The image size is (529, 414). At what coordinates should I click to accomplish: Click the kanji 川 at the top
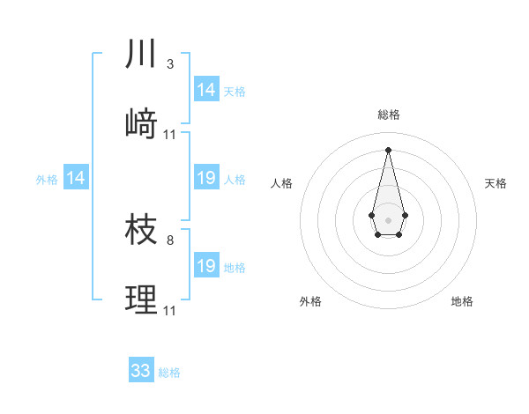pos(141,55)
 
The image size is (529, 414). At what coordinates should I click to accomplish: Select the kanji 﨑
pos(141,123)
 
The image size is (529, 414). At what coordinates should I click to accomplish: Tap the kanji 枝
pos(141,230)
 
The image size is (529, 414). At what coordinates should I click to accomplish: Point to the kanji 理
pos(141,299)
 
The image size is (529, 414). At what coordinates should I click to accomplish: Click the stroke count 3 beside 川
pos(170,64)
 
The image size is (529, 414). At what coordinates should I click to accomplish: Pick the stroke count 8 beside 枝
pos(170,240)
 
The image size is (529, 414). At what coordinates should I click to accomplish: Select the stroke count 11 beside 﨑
pos(171,135)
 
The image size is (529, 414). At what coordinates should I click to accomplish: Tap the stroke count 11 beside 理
pos(171,310)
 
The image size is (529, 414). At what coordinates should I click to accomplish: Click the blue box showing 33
pos(141,371)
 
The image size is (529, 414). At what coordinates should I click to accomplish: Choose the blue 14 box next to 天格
pos(206,90)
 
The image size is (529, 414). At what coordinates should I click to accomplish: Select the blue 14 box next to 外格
pos(76,179)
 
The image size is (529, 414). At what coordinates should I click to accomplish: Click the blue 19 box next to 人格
pos(206,179)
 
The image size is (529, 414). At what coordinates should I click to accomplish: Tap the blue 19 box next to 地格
pos(206,266)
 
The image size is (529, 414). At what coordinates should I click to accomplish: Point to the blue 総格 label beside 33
pos(169,373)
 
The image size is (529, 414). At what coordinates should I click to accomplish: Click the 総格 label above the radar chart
pos(388,115)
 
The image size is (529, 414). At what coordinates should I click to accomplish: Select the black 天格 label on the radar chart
pos(495,183)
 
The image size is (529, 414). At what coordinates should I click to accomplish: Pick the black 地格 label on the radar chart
pos(462,301)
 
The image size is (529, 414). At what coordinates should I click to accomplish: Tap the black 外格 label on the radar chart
pos(311,301)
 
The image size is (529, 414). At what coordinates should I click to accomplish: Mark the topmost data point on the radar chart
pos(388,149)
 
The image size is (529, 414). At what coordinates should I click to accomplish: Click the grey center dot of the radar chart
pos(388,218)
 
